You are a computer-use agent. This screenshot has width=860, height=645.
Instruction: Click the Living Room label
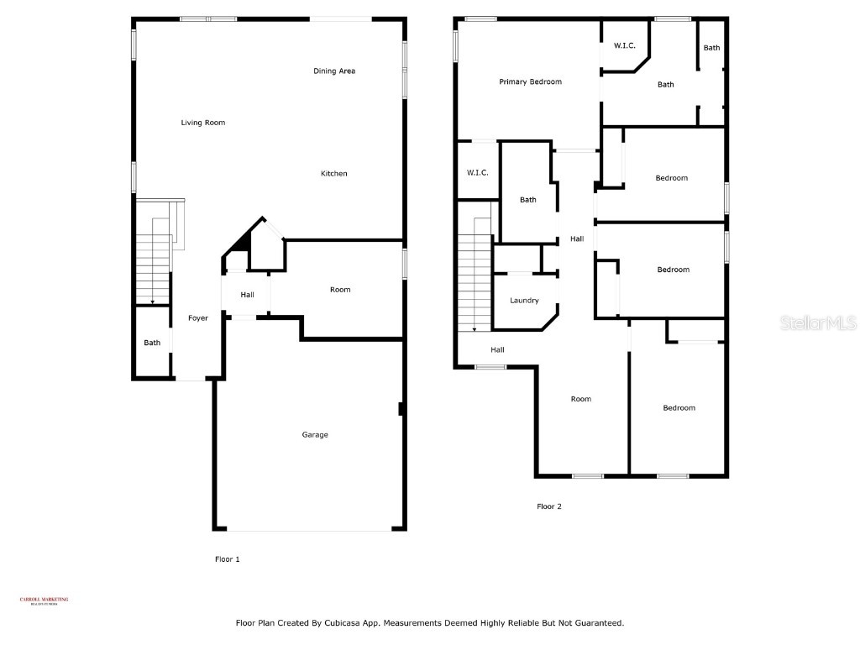[x=203, y=123]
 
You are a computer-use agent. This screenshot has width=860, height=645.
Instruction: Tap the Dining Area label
[x=334, y=71]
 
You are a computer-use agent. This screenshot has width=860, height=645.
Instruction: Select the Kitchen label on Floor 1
[x=333, y=174]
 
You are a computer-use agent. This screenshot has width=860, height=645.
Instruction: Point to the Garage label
[x=315, y=435]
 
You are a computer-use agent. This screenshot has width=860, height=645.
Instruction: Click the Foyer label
[x=197, y=318]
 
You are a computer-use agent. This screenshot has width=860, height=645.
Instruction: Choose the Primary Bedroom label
[x=530, y=82]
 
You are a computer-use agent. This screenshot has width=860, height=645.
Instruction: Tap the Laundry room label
[x=524, y=301]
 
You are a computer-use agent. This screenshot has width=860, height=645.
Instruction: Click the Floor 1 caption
[x=228, y=558]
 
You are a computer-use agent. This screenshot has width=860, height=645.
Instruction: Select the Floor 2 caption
[x=549, y=506]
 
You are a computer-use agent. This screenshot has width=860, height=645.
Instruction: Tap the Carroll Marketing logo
[x=45, y=600]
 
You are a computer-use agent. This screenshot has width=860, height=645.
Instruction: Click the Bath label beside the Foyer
[x=152, y=343]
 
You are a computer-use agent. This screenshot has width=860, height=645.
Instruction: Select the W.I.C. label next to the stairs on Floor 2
[x=478, y=173]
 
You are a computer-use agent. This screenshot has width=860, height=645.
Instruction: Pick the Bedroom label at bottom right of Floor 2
[x=679, y=408]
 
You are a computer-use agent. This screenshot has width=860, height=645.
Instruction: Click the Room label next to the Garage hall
[x=340, y=290]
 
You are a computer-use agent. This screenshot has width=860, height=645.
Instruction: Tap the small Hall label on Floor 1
[x=247, y=295]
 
